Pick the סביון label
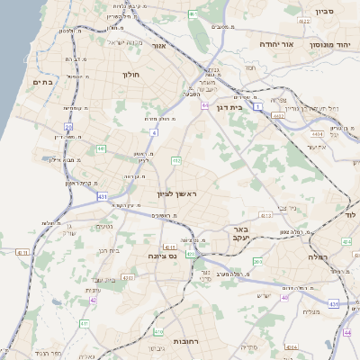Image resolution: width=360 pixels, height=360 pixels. pos(324,13)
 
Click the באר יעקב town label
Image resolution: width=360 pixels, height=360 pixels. pos(243,235)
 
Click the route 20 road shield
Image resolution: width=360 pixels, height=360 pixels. pos(68,127)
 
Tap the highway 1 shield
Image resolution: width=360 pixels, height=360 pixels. pos(258,106)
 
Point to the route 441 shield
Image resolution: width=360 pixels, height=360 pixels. pos(101,148)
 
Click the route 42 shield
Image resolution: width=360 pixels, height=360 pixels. pos(93,300)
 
